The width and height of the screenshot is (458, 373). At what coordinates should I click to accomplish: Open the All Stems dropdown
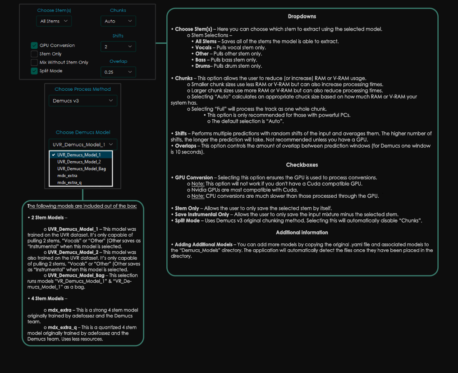pyautogui.click(x=54, y=21)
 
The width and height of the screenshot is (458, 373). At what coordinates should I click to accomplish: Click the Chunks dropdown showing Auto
pyautogui.click(x=118, y=21)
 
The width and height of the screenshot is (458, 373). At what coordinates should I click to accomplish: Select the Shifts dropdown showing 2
pyautogui.click(x=118, y=47)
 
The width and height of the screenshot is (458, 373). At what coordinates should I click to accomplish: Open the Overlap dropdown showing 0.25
pyautogui.click(x=118, y=72)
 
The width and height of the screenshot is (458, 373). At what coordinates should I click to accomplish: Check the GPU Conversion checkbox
pyautogui.click(x=34, y=45)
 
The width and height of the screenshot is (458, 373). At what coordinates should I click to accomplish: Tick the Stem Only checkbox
pyautogui.click(x=34, y=54)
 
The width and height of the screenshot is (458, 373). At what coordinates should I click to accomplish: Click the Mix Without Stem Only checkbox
pyautogui.click(x=34, y=62)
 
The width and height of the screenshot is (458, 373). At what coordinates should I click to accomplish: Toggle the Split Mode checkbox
pyautogui.click(x=34, y=71)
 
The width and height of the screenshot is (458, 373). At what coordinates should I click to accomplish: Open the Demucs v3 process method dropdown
pyautogui.click(x=83, y=101)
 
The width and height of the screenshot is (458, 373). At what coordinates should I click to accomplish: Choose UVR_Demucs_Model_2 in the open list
pyautogui.click(x=79, y=162)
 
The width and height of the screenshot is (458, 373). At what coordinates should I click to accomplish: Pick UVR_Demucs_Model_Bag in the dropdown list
pyautogui.click(x=82, y=168)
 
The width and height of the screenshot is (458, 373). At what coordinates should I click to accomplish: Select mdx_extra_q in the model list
pyautogui.click(x=69, y=182)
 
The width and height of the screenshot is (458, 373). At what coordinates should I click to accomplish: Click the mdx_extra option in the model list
pyautogui.click(x=67, y=176)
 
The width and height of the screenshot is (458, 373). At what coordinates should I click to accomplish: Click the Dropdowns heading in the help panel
pyautogui.click(x=302, y=16)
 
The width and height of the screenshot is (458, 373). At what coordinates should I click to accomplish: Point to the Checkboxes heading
pyautogui.click(x=302, y=165)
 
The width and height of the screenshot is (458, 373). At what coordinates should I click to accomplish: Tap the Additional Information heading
pyautogui.click(x=302, y=232)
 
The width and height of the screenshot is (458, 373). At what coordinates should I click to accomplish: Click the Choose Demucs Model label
pyautogui.click(x=83, y=132)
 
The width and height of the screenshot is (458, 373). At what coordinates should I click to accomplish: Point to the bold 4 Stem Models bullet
pyautogui.click(x=47, y=298)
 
